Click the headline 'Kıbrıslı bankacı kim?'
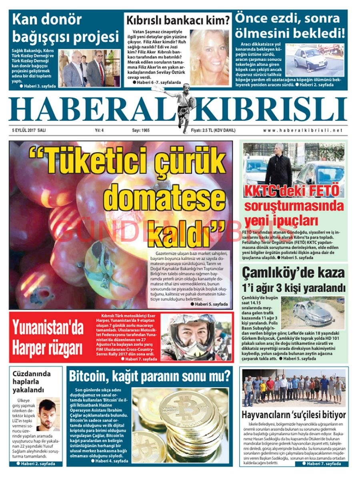point(178,20)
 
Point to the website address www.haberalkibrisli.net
point(303,130)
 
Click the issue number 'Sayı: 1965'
point(141,130)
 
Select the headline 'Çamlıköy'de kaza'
point(293,273)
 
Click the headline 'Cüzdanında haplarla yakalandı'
point(32,382)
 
